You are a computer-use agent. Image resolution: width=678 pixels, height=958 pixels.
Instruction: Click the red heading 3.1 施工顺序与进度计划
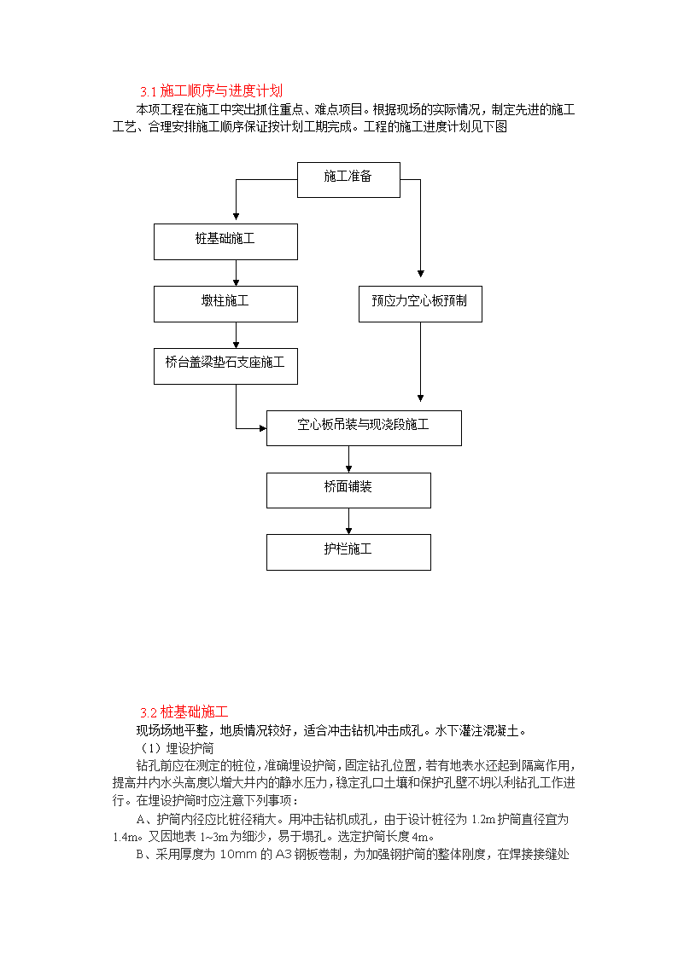point(211,91)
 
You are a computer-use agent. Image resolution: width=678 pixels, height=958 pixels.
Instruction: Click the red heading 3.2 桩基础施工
point(184,711)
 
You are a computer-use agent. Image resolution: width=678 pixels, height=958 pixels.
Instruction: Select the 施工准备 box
point(348,180)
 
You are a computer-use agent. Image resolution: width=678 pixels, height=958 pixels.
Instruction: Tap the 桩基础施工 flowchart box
point(225,242)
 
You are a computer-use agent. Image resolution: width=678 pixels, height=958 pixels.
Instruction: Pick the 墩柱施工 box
point(225,305)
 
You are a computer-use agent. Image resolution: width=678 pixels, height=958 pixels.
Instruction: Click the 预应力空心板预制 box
point(420,305)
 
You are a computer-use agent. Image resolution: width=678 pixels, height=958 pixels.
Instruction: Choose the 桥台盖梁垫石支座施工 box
point(225,367)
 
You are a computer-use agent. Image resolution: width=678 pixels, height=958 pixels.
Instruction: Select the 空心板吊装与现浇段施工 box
point(364,428)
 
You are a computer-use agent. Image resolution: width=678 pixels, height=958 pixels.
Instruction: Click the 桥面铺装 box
point(348,491)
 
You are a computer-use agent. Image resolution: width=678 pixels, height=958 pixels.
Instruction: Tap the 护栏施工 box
point(348,552)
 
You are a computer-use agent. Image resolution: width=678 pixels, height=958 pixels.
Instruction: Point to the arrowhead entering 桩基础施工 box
point(236,217)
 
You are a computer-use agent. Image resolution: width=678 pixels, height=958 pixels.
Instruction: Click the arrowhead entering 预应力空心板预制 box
point(421,274)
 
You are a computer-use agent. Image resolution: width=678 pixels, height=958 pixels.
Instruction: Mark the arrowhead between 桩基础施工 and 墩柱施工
point(236,282)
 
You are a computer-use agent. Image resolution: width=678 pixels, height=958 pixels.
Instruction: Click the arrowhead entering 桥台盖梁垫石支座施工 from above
point(236,345)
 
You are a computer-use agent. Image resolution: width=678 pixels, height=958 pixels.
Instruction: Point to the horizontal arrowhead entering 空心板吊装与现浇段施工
point(263,428)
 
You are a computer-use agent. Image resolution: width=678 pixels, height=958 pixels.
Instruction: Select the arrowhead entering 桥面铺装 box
point(348,468)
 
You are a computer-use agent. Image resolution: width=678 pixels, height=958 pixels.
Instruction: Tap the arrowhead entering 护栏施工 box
point(348,531)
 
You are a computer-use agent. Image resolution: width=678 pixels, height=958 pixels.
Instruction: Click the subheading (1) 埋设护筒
point(177,748)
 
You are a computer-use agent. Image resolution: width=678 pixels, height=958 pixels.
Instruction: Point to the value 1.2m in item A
point(483,819)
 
